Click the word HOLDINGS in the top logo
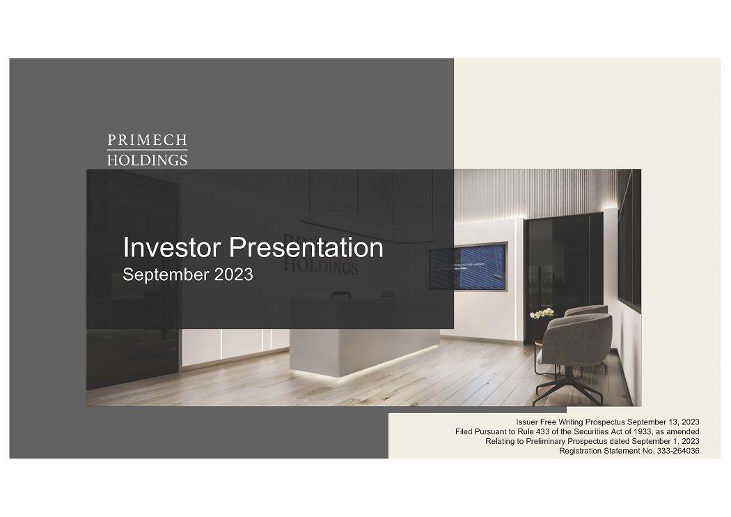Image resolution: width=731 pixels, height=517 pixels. tap(147, 160)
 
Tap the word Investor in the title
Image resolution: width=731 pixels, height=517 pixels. tap(171, 248)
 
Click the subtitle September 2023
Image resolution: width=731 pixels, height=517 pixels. tap(187, 275)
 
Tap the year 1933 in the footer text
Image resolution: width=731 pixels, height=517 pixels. tap(632, 432)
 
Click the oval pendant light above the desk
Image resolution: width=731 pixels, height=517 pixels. tap(348, 219)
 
